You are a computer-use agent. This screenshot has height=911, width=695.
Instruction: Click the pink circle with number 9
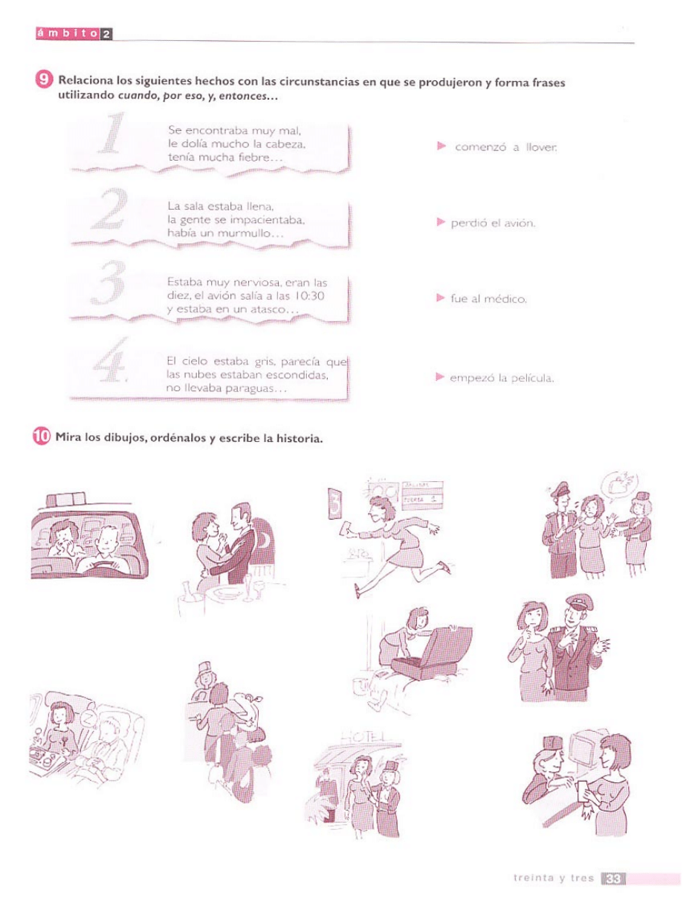click(x=44, y=79)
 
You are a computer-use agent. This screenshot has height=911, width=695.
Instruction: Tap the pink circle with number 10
click(x=41, y=437)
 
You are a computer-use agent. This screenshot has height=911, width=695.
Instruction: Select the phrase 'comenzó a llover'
click(x=505, y=147)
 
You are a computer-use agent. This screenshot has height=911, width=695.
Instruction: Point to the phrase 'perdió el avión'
click(x=493, y=223)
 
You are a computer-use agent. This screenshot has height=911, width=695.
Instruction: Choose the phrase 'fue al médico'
click(x=488, y=299)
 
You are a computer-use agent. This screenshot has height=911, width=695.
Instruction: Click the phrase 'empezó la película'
click(x=502, y=378)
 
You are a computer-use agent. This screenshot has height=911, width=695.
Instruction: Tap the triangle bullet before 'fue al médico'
click(x=440, y=298)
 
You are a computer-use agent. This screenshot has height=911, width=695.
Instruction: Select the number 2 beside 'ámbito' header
click(x=106, y=34)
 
